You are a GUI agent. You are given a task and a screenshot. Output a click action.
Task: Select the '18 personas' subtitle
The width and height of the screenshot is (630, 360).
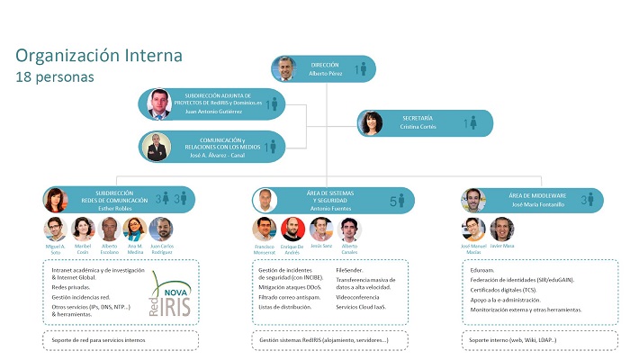coord(54,76)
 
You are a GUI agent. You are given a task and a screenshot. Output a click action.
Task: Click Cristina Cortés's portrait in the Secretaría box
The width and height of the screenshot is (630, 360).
coord(373,123)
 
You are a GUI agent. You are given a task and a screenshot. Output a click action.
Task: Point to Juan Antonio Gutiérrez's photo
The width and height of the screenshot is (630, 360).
coord(158,103)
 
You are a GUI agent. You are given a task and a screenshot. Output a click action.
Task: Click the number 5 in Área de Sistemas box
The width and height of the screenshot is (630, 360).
coord(392,200)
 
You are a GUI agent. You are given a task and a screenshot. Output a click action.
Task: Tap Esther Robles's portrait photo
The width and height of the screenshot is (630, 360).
coord(56,199)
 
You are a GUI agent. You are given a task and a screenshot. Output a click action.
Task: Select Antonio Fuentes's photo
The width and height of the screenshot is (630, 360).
coord(265,200)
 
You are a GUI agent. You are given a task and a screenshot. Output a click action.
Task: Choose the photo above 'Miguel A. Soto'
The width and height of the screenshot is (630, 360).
coord(55,229)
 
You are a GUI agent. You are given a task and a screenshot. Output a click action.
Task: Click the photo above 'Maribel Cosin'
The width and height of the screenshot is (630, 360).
coord(84,229)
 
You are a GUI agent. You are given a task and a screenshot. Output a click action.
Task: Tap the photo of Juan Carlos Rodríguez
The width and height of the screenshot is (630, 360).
coord(161,229)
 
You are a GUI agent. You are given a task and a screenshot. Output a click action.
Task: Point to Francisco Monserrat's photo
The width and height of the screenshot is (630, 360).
coord(264,229)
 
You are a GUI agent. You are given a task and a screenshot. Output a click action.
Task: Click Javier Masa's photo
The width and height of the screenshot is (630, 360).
coord(502,229)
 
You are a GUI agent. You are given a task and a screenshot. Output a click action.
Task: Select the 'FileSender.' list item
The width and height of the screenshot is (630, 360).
coord(350,269)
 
